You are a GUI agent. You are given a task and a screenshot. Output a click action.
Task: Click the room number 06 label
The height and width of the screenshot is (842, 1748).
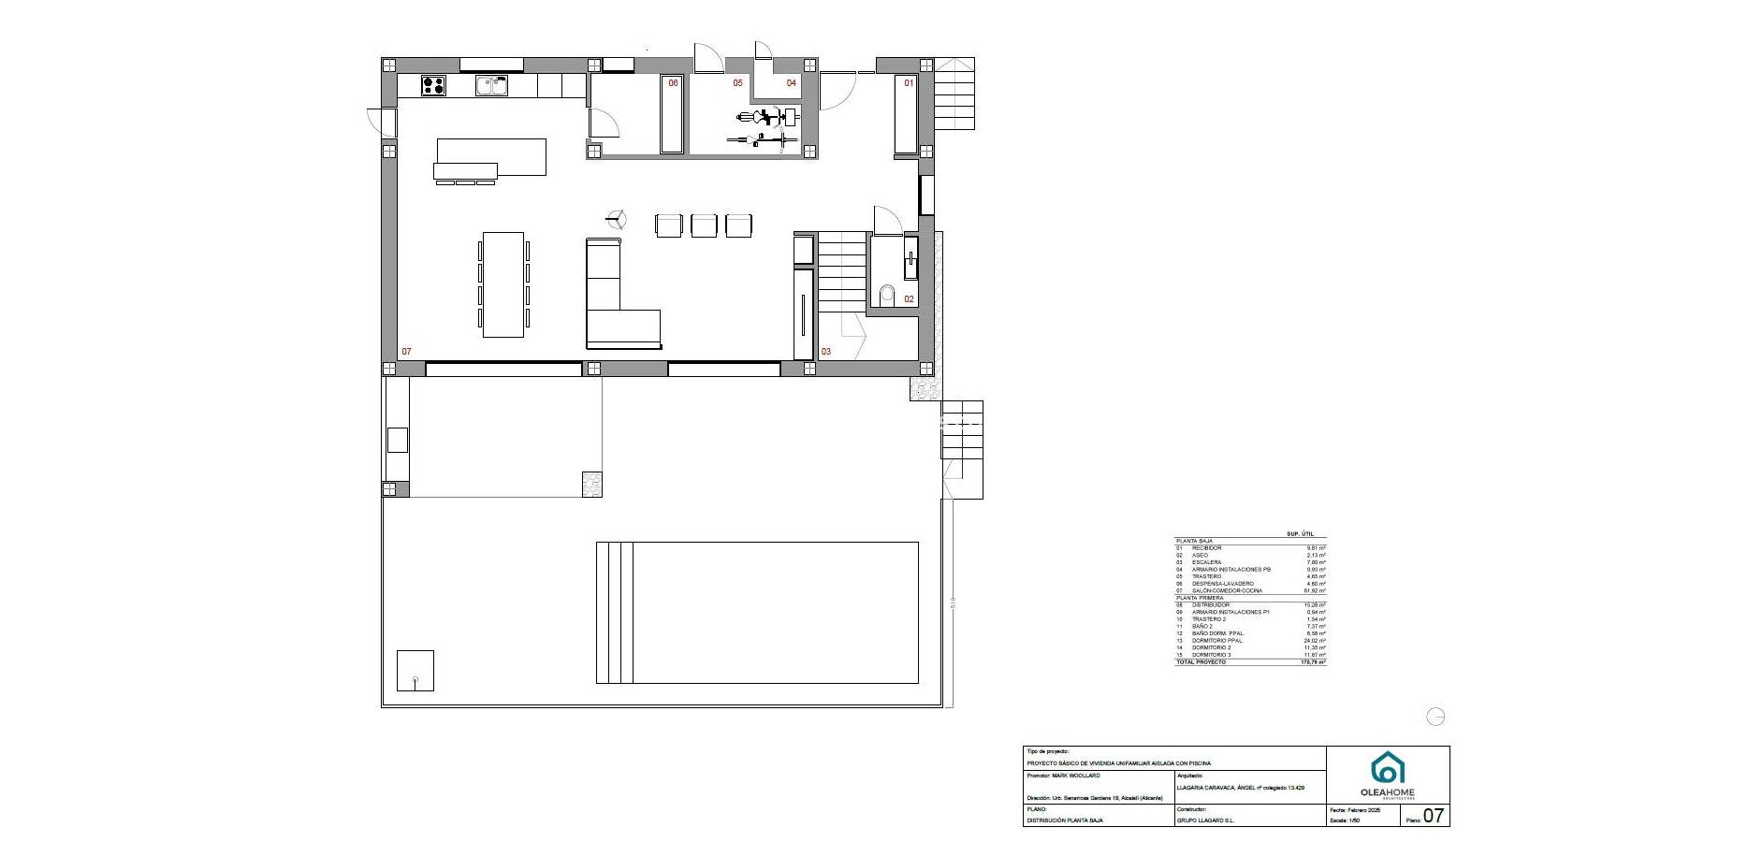(672, 83)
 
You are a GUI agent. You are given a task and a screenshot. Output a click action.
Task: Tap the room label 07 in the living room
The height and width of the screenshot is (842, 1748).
(406, 352)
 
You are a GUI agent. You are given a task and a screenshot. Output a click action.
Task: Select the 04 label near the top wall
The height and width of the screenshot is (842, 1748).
(791, 83)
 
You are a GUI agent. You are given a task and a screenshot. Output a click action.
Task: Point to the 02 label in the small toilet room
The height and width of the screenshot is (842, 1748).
(909, 299)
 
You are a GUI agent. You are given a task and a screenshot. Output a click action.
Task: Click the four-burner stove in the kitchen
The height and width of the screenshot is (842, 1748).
(433, 86)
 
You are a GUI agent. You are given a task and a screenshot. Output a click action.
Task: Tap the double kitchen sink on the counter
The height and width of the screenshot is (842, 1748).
(491, 86)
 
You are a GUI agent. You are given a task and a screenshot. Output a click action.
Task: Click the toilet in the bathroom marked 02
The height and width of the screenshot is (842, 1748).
(887, 295)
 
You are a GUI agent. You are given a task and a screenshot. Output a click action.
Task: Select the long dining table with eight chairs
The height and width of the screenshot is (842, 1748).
(503, 284)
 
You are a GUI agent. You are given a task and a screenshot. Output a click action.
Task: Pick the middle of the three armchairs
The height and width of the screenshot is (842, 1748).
(704, 225)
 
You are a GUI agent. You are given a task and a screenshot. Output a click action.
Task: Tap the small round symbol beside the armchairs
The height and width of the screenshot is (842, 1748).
(616, 221)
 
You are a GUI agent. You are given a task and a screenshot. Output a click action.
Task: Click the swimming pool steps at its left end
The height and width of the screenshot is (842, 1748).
(615, 613)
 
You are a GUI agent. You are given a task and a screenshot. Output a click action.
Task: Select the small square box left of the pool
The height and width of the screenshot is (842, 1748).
(415, 670)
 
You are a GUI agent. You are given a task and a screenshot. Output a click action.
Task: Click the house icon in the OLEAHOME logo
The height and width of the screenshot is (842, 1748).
(1388, 768)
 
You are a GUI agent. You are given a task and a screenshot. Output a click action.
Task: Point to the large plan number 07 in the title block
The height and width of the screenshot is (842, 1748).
(1434, 816)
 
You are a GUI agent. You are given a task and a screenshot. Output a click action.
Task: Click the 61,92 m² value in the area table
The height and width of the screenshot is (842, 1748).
(1315, 591)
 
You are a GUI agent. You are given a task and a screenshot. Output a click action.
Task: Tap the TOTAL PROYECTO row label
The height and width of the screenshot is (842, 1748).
(1201, 662)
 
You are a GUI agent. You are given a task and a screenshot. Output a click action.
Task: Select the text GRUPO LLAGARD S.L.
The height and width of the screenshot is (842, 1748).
(1205, 820)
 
